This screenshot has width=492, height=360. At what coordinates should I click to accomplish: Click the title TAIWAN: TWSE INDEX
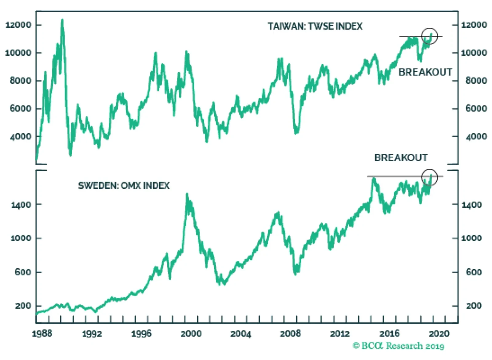(x=315, y=26)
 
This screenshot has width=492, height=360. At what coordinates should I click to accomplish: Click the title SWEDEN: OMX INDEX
(x=124, y=186)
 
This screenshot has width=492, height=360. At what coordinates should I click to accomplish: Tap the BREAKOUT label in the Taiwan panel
(x=425, y=72)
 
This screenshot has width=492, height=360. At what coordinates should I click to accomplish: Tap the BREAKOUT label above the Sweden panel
(x=401, y=158)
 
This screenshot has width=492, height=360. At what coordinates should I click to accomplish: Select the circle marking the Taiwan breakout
(x=429, y=36)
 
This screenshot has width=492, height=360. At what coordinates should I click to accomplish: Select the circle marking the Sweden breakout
(x=429, y=177)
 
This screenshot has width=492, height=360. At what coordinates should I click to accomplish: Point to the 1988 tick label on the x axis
(x=42, y=333)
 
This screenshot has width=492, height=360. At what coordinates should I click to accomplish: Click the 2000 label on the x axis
(x=191, y=333)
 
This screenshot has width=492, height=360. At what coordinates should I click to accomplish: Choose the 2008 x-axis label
(x=290, y=333)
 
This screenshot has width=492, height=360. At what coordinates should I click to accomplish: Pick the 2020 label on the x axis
(x=439, y=333)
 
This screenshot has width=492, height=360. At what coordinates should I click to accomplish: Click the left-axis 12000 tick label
(x=18, y=25)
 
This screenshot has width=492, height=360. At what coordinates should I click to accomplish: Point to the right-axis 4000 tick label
(x=476, y=136)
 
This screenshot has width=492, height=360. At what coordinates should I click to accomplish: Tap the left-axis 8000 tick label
(x=20, y=81)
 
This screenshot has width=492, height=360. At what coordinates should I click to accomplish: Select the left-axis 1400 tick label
(x=21, y=205)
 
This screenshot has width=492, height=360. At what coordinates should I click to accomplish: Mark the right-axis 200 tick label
(x=474, y=306)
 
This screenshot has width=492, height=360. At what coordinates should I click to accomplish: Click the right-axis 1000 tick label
(x=472, y=238)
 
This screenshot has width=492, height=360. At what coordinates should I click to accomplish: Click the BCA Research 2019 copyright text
(x=399, y=346)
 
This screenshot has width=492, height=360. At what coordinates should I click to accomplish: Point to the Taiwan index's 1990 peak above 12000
(x=62, y=20)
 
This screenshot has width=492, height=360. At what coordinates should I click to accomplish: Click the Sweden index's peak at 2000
(x=187, y=194)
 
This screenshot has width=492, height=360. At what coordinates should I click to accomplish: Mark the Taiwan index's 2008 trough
(x=296, y=133)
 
